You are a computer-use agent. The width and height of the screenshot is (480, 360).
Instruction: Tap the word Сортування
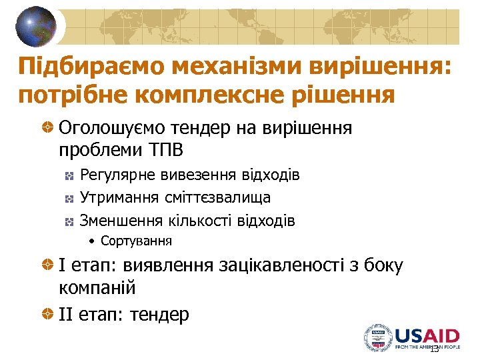pyautogui.click(x=136, y=241)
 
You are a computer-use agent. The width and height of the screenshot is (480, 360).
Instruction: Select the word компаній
pyautogui.click(x=97, y=288)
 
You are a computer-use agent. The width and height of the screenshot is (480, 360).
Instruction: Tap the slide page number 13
pyautogui.click(x=434, y=349)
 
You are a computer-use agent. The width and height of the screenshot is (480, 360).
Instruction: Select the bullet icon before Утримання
pyautogui.click(x=69, y=198)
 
